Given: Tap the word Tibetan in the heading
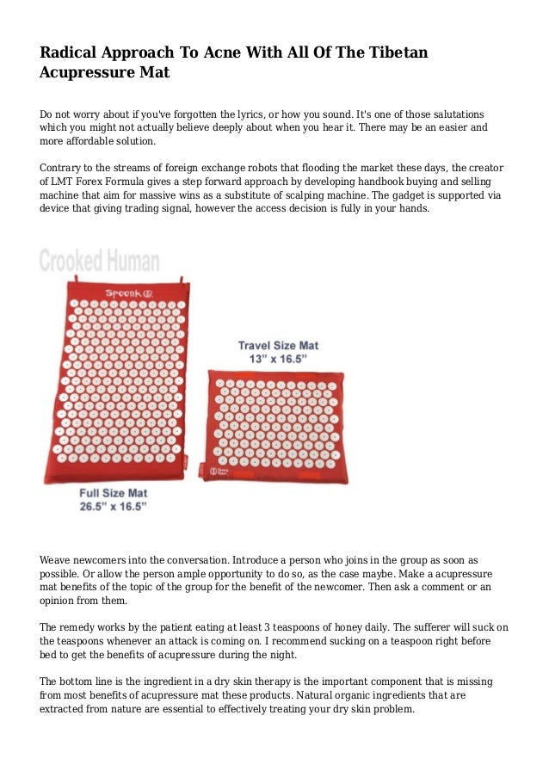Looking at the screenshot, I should [x=395, y=52].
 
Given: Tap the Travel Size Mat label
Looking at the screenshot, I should [x=277, y=346].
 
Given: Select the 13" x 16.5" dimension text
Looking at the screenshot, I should [x=277, y=360].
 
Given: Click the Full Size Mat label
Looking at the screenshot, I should [x=113, y=494].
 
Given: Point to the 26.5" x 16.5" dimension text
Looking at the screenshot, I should [x=113, y=508].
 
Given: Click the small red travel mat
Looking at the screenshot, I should [x=274, y=425].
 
